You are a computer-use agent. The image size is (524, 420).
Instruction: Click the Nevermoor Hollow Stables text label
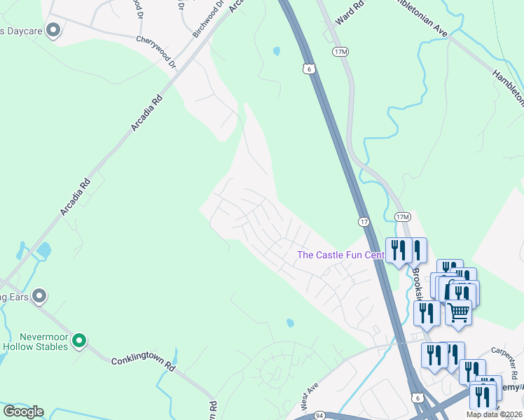click(x=34, y=342)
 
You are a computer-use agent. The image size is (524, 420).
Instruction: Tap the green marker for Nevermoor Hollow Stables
click(x=79, y=341)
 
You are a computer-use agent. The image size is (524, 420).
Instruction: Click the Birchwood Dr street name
click(x=207, y=20)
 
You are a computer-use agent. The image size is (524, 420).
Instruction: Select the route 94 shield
click(x=319, y=416)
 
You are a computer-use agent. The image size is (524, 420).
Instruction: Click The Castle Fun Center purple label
click(x=340, y=255)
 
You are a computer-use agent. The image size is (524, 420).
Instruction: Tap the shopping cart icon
click(x=458, y=312)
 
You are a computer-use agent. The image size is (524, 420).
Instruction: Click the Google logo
click(x=22, y=412)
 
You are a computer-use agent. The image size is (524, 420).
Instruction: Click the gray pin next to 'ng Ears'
click(x=40, y=296)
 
